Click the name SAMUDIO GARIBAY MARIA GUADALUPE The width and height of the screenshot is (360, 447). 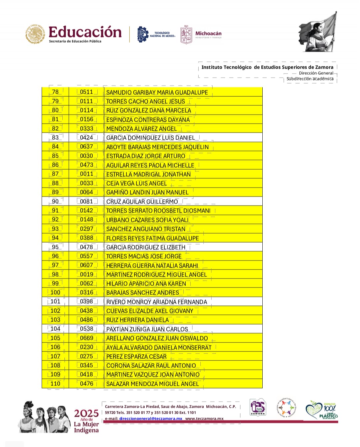[157, 92]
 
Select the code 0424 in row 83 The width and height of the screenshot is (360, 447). [86, 138]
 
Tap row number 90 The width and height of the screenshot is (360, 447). [55, 202]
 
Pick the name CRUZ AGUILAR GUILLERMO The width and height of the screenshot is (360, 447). [142, 202]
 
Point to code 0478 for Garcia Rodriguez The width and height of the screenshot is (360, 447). [86, 247]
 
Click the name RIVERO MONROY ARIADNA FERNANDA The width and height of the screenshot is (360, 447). [156, 302]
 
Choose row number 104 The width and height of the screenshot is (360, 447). [55, 329]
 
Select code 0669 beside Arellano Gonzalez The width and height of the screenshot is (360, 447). [86, 338]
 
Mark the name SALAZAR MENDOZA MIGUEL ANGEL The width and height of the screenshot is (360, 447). [152, 384]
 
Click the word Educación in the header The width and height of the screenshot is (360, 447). [85, 32]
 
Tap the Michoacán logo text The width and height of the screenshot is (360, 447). [208, 34]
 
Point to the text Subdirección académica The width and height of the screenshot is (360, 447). [310, 79]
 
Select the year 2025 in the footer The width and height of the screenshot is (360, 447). [86, 413]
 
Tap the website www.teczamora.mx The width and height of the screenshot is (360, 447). [204, 419]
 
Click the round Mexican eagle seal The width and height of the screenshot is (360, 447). [35, 34]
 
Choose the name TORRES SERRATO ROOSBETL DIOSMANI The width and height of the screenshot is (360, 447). [158, 211]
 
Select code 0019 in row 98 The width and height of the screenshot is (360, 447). [86, 274]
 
